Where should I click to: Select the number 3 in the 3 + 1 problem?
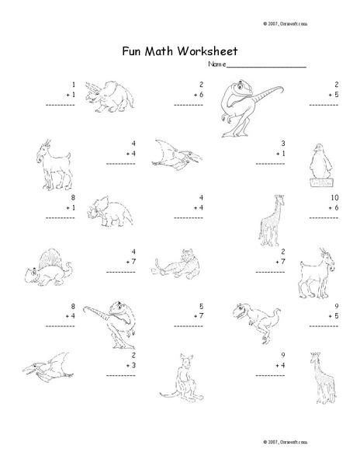(284, 143)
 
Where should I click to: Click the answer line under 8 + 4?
(60, 327)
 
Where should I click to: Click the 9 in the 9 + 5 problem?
(335, 306)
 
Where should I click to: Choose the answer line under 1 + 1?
(60, 103)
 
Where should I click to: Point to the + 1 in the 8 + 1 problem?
(70, 208)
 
